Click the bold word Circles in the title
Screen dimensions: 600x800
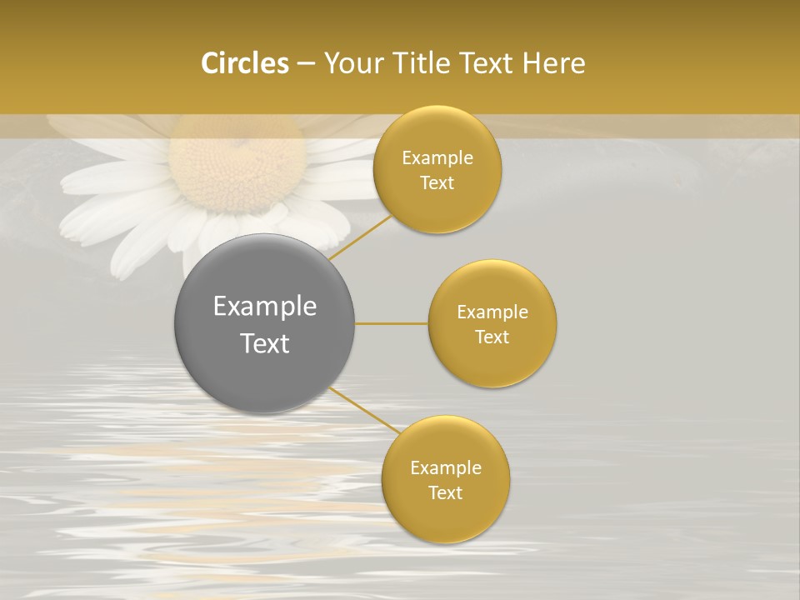244,63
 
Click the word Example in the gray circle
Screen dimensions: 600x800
265,307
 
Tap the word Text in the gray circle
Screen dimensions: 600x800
265,343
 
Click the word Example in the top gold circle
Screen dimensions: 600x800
437,158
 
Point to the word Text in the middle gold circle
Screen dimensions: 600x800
492,337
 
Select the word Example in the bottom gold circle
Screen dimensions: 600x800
446,468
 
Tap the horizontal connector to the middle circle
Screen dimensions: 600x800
391,323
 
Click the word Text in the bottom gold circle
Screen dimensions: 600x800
445,493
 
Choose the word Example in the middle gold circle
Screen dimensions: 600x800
492,312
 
